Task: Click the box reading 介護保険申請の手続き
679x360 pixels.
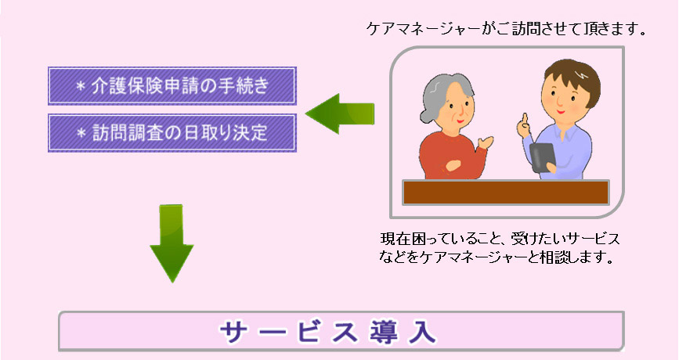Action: [172, 85]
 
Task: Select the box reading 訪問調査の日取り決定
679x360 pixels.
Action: [172, 133]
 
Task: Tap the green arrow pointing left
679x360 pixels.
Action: [340, 113]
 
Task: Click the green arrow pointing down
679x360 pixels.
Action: [172, 243]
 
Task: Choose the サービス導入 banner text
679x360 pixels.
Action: [328, 333]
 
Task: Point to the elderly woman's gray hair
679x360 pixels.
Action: [437, 93]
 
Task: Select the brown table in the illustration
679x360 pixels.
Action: [506, 192]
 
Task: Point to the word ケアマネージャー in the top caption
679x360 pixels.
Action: [424, 29]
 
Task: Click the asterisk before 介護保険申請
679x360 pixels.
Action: [80, 86]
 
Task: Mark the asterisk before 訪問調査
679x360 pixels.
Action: [81, 133]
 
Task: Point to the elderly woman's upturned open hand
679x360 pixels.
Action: [485, 142]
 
